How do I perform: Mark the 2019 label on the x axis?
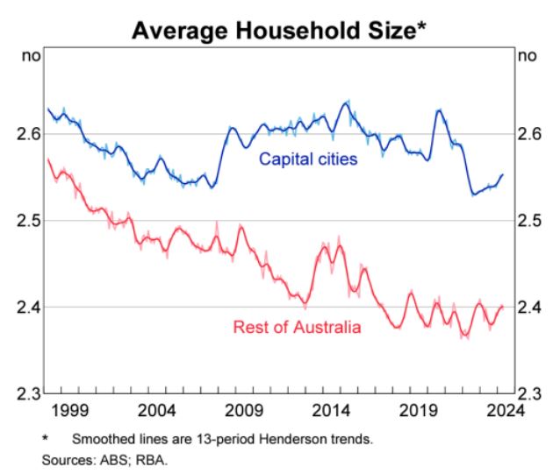[x=419, y=410]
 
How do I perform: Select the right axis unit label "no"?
[x=527, y=57]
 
